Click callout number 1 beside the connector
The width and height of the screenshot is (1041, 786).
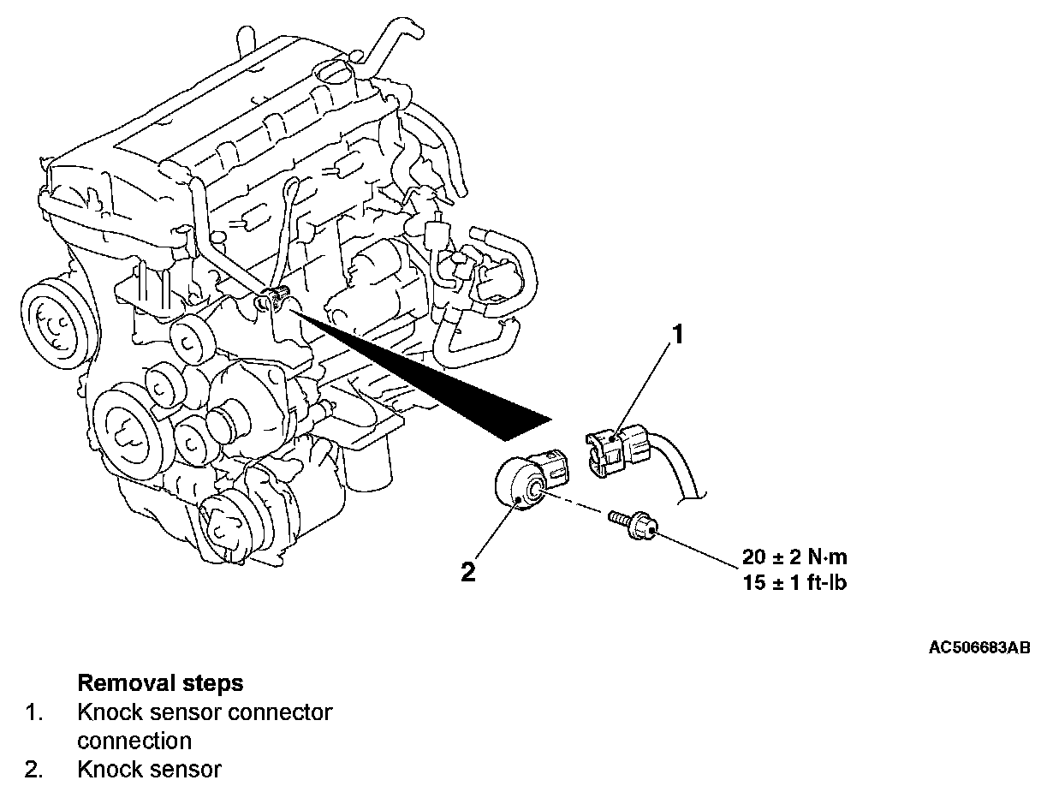(677, 334)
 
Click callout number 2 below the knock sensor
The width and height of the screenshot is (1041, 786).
(468, 572)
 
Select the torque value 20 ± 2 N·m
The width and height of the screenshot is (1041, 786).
(795, 557)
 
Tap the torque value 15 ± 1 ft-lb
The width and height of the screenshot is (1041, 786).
(794, 585)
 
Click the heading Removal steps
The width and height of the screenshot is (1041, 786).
(160, 683)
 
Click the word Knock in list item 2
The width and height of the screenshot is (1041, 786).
(105, 769)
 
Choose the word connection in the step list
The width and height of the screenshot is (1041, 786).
(134, 740)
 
